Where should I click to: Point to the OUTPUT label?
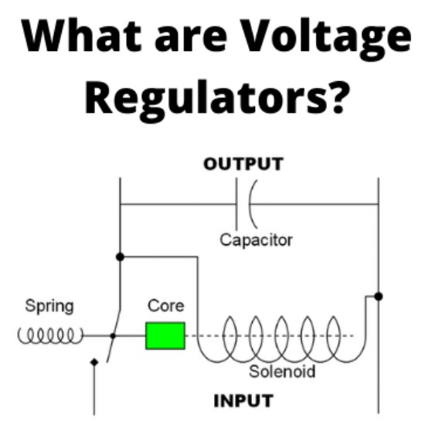[x=243, y=164]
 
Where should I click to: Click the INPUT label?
[x=243, y=401]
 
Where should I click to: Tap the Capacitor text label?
[x=256, y=240]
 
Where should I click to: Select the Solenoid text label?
[x=282, y=371]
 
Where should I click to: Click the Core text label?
[x=166, y=306]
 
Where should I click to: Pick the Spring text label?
[x=49, y=307]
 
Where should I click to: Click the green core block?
[x=165, y=335]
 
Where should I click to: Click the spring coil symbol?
[x=50, y=335]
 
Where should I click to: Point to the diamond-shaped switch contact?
[x=94, y=362]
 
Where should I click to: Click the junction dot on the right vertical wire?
[x=379, y=297]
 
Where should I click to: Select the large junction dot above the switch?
[x=120, y=257]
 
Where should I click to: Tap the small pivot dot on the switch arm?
[x=113, y=336]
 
